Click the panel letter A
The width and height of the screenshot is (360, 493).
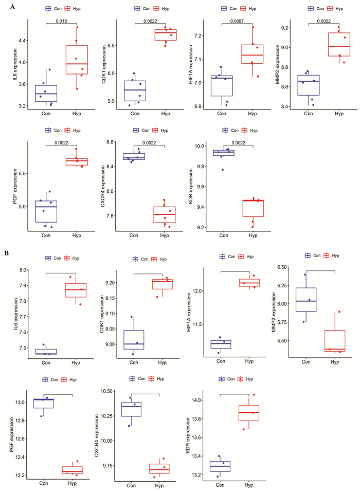click(12, 7)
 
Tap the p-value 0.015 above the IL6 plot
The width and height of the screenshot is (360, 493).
click(61, 22)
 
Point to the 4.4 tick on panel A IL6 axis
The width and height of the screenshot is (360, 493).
click(22, 41)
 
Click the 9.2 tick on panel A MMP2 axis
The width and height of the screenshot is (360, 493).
click(285, 28)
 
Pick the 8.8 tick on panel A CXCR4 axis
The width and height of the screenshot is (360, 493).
click(111, 142)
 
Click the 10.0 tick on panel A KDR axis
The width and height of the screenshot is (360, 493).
click(199, 146)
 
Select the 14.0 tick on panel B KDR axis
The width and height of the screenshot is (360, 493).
click(199, 400)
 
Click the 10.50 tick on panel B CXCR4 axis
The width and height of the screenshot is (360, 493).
click(107, 391)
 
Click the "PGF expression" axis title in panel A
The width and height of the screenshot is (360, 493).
click(15, 186)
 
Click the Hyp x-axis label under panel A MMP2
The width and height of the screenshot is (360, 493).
click(339, 114)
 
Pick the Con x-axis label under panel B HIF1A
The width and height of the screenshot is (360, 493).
click(221, 361)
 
